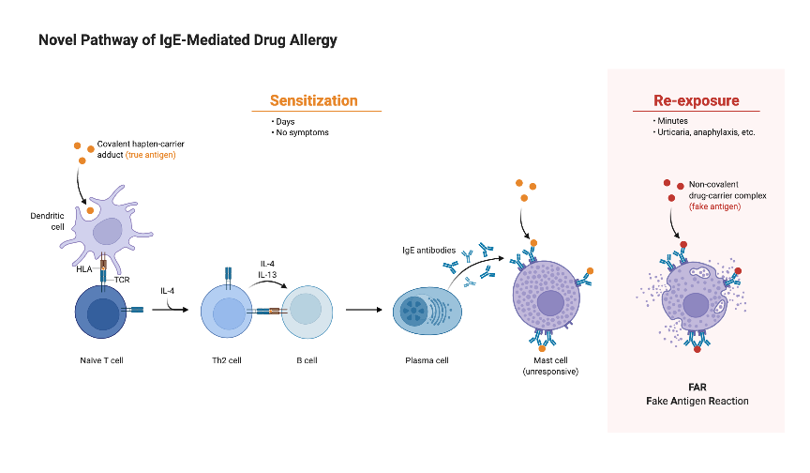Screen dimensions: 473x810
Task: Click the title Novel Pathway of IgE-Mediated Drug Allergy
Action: (187, 40)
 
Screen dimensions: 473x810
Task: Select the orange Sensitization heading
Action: (313, 100)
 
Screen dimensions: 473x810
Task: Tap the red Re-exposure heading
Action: (696, 100)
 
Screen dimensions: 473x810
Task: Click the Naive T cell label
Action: (102, 360)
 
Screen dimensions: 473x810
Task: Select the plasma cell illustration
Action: (427, 313)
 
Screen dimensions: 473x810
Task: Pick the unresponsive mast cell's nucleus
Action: (550, 302)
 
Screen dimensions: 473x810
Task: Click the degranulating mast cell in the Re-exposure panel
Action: (695, 300)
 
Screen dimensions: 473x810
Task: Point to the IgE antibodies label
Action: (428, 251)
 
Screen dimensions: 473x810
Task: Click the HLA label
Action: (84, 269)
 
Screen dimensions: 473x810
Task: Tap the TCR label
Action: (122, 280)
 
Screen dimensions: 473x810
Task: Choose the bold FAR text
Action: (696, 386)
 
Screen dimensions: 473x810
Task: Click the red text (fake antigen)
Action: (714, 206)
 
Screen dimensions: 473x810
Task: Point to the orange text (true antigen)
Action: (151, 154)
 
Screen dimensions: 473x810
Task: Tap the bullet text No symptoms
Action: (302, 132)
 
